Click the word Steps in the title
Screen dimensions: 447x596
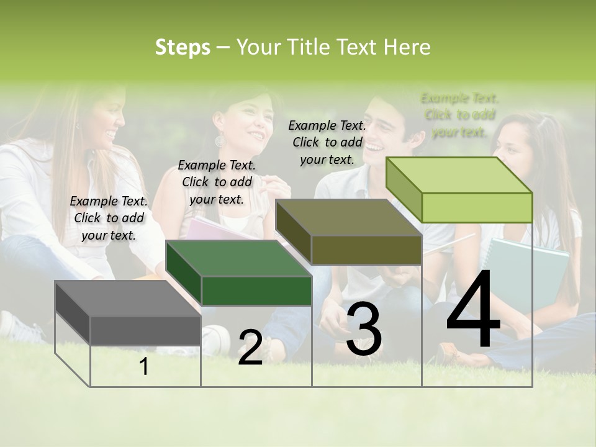coord(183,47)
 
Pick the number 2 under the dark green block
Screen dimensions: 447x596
coord(250,348)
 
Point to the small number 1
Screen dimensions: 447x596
coord(144,367)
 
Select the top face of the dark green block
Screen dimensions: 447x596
coord(238,258)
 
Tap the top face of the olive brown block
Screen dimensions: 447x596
coord(348,217)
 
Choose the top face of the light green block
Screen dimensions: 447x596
coord(458,175)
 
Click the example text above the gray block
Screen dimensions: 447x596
coord(109,218)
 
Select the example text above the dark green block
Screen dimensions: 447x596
coord(217,182)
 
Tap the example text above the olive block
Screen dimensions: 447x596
coord(327,142)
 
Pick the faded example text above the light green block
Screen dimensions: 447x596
coord(459,115)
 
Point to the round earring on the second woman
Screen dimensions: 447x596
coord(220,141)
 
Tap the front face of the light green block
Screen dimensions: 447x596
coord(477,207)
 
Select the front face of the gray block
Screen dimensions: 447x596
coord(145,330)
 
